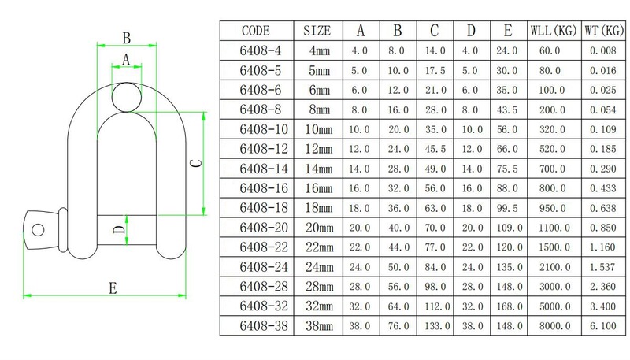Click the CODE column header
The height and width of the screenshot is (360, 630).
tap(256, 32)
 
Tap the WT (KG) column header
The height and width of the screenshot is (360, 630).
tap(602, 32)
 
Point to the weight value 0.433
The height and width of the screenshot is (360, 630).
tap(602, 188)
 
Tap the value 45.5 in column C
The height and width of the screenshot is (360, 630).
tap(434, 149)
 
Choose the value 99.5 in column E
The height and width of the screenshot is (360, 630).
tap(507, 207)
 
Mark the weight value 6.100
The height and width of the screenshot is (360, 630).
tap(602, 325)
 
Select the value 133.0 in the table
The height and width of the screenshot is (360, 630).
tap(434, 325)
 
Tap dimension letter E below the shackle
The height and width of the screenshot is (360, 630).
tap(113, 288)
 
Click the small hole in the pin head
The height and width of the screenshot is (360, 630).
tap(36, 228)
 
